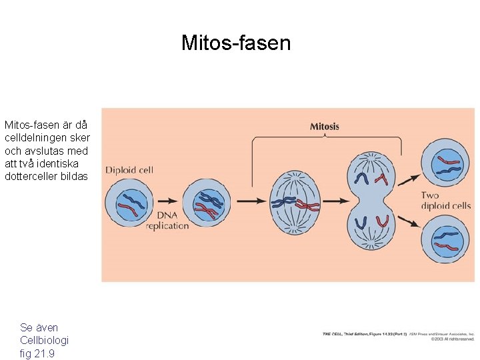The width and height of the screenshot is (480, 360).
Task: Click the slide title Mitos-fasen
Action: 236,43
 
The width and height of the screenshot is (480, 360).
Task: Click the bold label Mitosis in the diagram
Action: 325,127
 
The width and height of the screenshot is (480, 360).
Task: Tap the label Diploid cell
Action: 129,170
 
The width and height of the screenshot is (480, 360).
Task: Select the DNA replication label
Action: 167,221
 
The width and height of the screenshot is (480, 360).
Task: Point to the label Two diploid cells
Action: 445,200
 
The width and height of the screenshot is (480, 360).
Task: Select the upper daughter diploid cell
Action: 447,162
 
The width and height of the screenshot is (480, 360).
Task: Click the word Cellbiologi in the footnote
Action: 45,340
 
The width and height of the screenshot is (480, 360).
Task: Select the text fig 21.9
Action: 37,353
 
